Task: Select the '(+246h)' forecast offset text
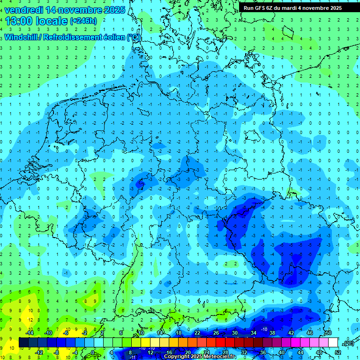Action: pos(83,21)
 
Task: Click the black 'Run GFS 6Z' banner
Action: pos(292,8)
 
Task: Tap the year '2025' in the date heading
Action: pos(114,10)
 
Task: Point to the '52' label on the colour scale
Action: pos(338,352)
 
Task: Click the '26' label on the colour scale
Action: pos(216,332)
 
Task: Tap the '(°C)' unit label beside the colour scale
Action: pos(348,343)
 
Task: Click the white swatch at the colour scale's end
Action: pos(333,343)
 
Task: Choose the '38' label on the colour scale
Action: pos(272,332)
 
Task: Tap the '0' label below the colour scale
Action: pos(93,352)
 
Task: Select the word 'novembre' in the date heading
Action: pos(82,10)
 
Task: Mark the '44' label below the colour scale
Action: pos(300,352)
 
